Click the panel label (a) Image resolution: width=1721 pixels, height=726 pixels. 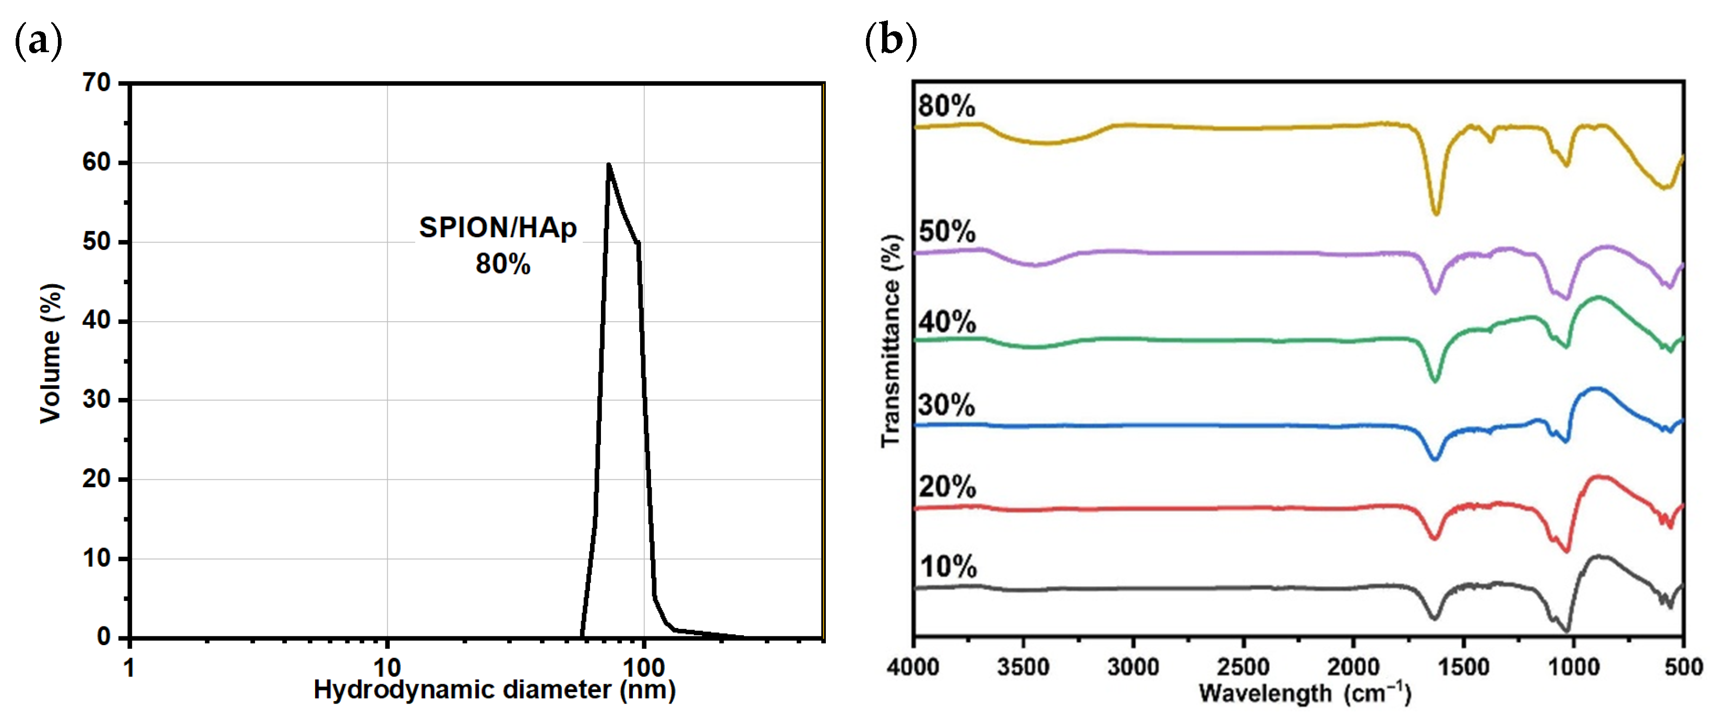tap(38, 41)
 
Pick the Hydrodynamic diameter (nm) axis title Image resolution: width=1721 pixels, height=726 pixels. tap(495, 690)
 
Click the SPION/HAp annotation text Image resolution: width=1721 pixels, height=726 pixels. tap(498, 228)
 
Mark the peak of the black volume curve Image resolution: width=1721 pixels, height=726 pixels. tap(609, 164)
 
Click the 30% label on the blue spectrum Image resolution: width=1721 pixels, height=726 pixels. tap(946, 405)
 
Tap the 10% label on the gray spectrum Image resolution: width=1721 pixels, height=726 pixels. tap(947, 567)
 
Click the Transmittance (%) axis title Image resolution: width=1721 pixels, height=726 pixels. tap(891, 341)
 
